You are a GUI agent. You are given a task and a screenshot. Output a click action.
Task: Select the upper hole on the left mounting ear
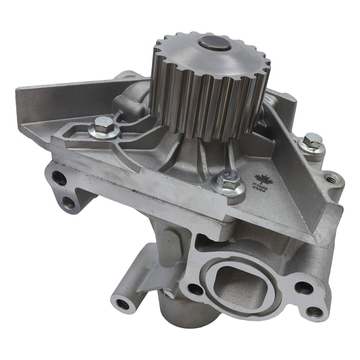click(x=59, y=178)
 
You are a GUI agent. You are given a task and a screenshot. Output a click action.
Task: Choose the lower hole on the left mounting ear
click(x=69, y=202)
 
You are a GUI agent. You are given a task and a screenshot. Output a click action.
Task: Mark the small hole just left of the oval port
click(x=195, y=289)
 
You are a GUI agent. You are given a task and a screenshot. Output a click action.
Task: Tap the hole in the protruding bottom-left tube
click(x=124, y=304)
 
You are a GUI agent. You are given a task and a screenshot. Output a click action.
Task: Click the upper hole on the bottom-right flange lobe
click(x=304, y=287)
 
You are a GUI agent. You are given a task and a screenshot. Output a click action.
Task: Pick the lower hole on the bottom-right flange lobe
click(x=313, y=311)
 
